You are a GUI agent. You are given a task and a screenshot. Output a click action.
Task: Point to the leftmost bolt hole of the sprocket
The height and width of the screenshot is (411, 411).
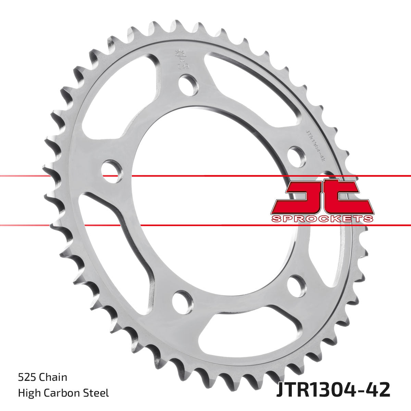click(112, 171)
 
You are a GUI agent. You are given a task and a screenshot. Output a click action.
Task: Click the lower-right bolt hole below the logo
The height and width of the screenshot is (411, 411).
click(297, 285)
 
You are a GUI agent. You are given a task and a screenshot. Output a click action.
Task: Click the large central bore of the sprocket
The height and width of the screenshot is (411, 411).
click(206, 212)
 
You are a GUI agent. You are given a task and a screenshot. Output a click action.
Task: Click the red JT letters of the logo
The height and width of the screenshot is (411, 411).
click(322, 197)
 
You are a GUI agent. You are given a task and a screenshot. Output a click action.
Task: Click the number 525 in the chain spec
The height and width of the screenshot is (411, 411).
click(27, 377)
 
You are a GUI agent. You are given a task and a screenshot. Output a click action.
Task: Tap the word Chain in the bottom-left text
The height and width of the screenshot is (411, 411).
click(53, 377)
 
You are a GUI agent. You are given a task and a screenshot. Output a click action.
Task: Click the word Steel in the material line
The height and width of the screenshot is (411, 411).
click(98, 393)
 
